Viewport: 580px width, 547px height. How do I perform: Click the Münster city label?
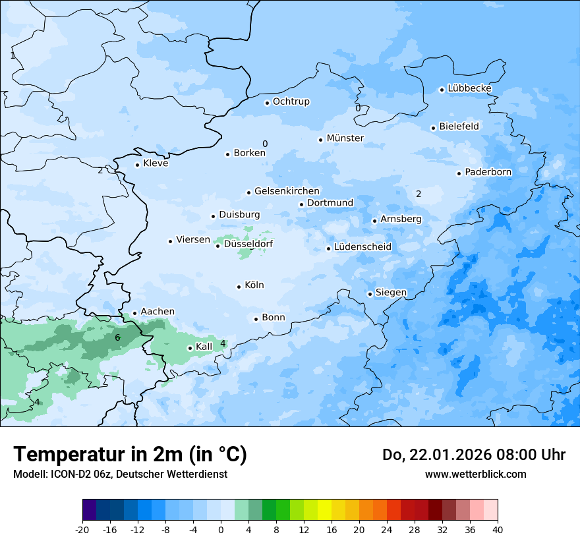345,138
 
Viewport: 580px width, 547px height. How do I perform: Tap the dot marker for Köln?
239,287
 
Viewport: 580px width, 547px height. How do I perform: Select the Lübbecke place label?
469,88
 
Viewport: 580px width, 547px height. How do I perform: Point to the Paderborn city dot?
459,173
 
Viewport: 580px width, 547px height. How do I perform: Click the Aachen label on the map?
158,312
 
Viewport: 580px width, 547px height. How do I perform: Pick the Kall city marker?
190,348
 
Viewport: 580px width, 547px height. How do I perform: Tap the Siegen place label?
391,293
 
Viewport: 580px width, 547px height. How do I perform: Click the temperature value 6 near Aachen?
117,337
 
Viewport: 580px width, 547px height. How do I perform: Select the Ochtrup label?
291,101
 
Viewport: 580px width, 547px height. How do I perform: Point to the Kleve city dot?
137,165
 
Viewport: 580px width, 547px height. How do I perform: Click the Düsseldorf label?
248,244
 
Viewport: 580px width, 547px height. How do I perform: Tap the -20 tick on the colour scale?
82,530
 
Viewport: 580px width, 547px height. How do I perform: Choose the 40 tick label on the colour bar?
498,530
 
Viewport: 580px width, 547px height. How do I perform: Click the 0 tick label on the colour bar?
221,530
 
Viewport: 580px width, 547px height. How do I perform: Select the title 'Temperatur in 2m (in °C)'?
130,455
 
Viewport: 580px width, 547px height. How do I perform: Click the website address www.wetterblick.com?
475,474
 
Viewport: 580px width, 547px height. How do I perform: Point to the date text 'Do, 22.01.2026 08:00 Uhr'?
473,455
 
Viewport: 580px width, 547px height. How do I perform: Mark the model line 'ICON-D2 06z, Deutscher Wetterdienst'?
120,474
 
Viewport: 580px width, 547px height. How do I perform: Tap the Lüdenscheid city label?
362,247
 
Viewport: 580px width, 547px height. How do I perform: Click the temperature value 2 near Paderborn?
418,194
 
